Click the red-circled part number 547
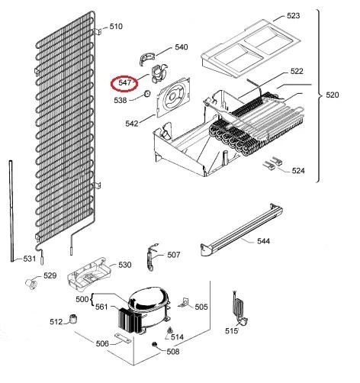pos(125,82)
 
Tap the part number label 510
pos(116,27)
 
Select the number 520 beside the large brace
pos(333,95)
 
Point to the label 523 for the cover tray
pos(294,15)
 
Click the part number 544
pos(263,241)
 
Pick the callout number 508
pos(173,352)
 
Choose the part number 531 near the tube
pos(30,259)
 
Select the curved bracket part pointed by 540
pos(147,59)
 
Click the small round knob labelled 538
pos(146,94)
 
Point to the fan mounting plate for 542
pos(173,97)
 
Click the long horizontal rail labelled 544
pos(242,230)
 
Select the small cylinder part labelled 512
pos(73,319)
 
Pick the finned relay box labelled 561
pos(130,320)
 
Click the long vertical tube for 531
pos(11,211)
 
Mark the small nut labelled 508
pos(154,344)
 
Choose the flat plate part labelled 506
pos(123,338)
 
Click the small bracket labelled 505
pos(185,303)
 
